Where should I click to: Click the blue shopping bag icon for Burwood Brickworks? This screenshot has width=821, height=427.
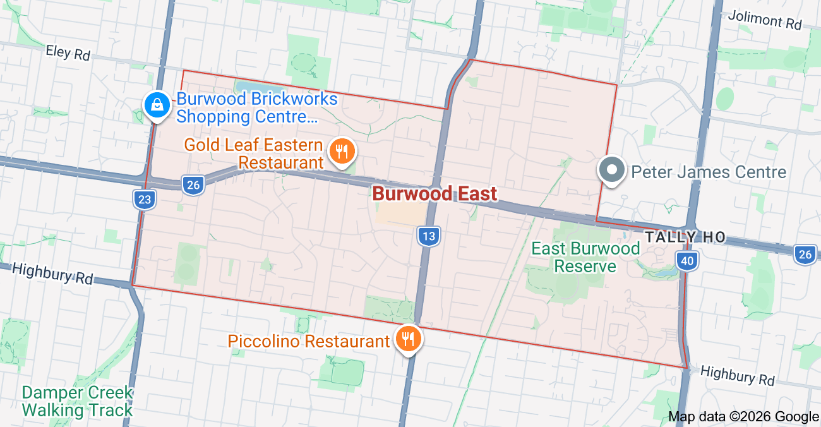pyautogui.click(x=155, y=105)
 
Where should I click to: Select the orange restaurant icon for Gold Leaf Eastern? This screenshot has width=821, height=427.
pyautogui.click(x=342, y=152)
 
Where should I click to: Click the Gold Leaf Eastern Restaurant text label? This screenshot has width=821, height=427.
pyautogui.click(x=254, y=154)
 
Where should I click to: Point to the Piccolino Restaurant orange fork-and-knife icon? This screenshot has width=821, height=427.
pyautogui.click(x=408, y=340)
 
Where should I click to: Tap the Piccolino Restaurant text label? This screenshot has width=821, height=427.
pyautogui.click(x=308, y=342)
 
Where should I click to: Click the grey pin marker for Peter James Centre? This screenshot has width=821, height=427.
pyautogui.click(x=611, y=171)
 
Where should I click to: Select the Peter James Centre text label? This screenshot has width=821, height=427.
pyautogui.click(x=709, y=172)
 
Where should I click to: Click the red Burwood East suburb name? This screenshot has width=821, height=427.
pyautogui.click(x=434, y=193)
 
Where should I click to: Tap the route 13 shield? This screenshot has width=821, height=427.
pyautogui.click(x=428, y=237)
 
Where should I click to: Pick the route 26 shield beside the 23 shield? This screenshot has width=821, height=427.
pyautogui.click(x=193, y=185)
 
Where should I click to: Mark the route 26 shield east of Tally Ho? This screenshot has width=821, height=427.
pyautogui.click(x=805, y=254)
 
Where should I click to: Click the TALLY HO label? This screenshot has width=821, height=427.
pyautogui.click(x=685, y=238)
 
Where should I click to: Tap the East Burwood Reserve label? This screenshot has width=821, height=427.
pyautogui.click(x=585, y=257)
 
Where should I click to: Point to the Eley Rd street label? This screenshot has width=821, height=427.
pyautogui.click(x=68, y=53)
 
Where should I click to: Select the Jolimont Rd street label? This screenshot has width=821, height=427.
pyautogui.click(x=764, y=20)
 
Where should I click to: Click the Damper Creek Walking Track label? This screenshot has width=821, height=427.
pyautogui.click(x=77, y=401)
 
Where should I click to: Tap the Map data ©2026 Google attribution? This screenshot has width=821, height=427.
pyautogui.click(x=743, y=416)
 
